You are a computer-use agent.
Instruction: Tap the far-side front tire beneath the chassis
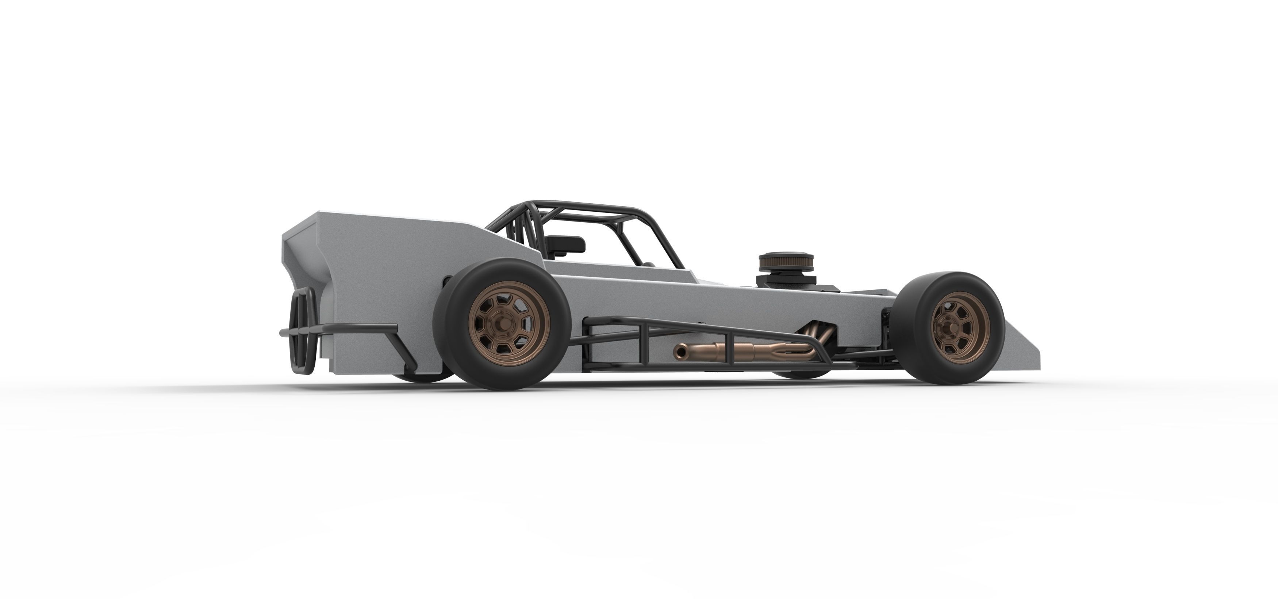(799, 373)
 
